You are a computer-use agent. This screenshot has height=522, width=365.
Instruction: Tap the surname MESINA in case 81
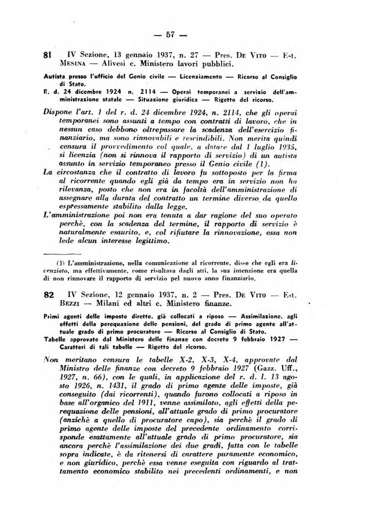[73, 63]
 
